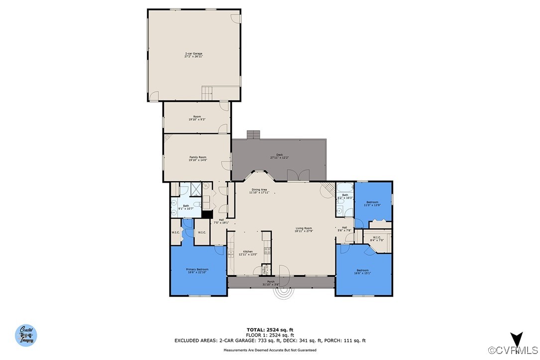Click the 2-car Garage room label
point(194,55)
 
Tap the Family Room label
point(197,158)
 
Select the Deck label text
point(279,156)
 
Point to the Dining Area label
point(259,191)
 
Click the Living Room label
point(303,230)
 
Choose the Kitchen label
point(247,252)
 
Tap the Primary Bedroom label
point(197,270)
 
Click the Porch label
point(271,283)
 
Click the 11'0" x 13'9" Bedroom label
point(372,203)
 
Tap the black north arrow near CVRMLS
point(517,340)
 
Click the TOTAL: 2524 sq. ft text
point(270,330)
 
